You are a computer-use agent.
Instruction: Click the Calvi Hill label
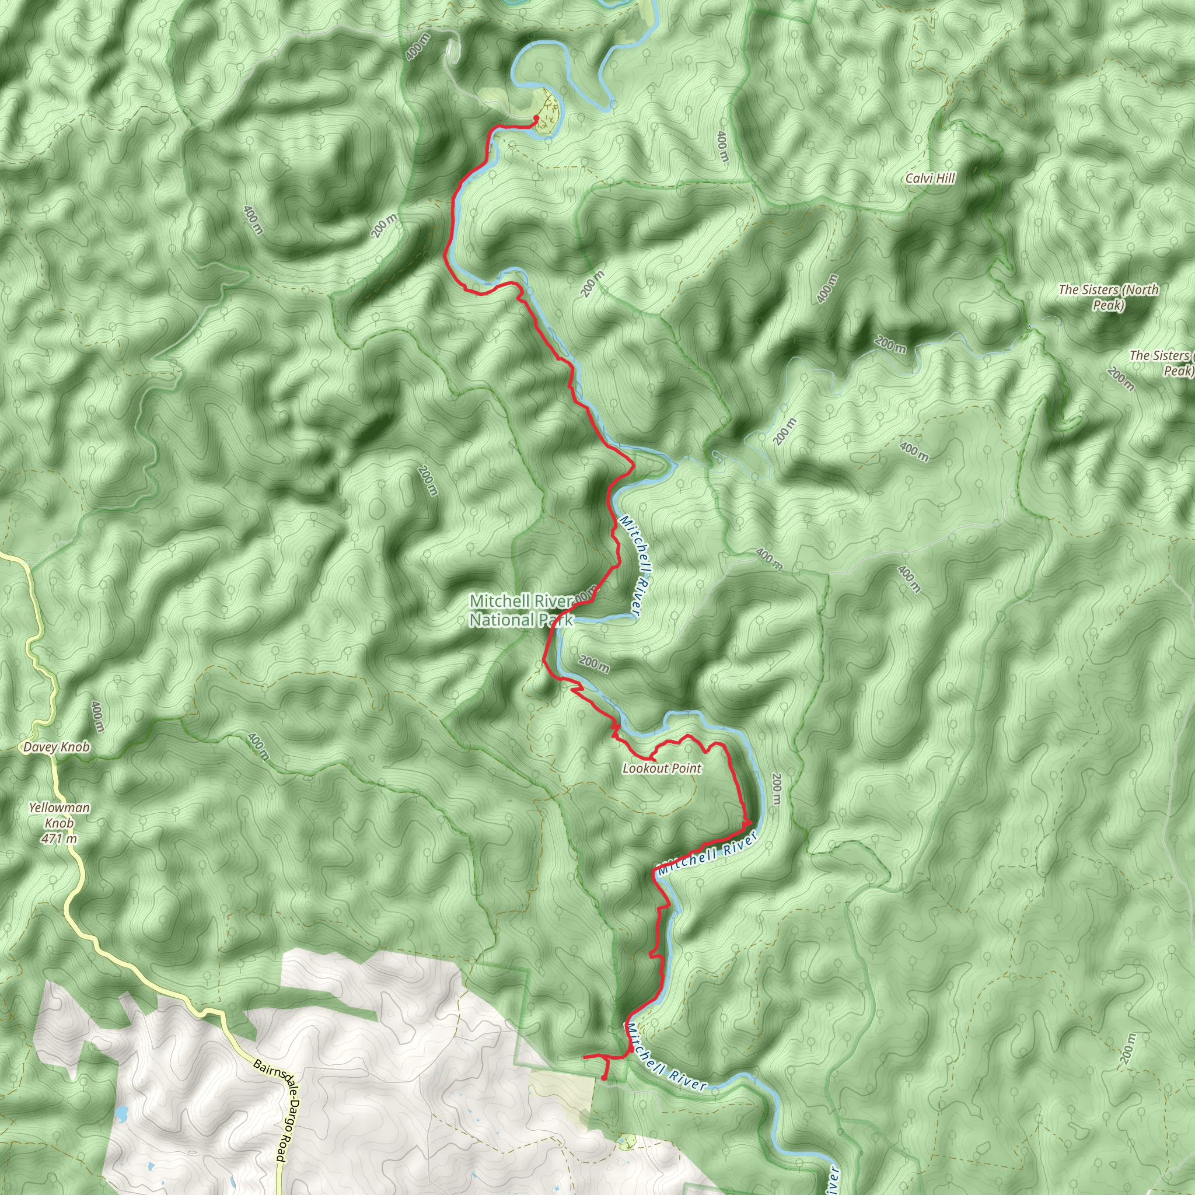tap(930, 179)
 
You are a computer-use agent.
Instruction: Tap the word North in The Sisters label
tap(1140, 289)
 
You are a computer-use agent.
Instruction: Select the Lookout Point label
tap(662, 768)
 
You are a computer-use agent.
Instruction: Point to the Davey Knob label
tap(56, 747)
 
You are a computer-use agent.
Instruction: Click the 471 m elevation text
tap(60, 838)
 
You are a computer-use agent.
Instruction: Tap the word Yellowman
tap(60, 808)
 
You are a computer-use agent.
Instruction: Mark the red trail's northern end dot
tap(536, 117)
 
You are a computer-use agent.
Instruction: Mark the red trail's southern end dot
tap(603, 1079)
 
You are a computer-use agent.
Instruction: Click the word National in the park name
tap(499, 620)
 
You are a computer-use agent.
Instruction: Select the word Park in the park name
tap(553, 620)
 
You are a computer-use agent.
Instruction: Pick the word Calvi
tap(917, 179)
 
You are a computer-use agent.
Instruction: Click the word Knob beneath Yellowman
tap(60, 823)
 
